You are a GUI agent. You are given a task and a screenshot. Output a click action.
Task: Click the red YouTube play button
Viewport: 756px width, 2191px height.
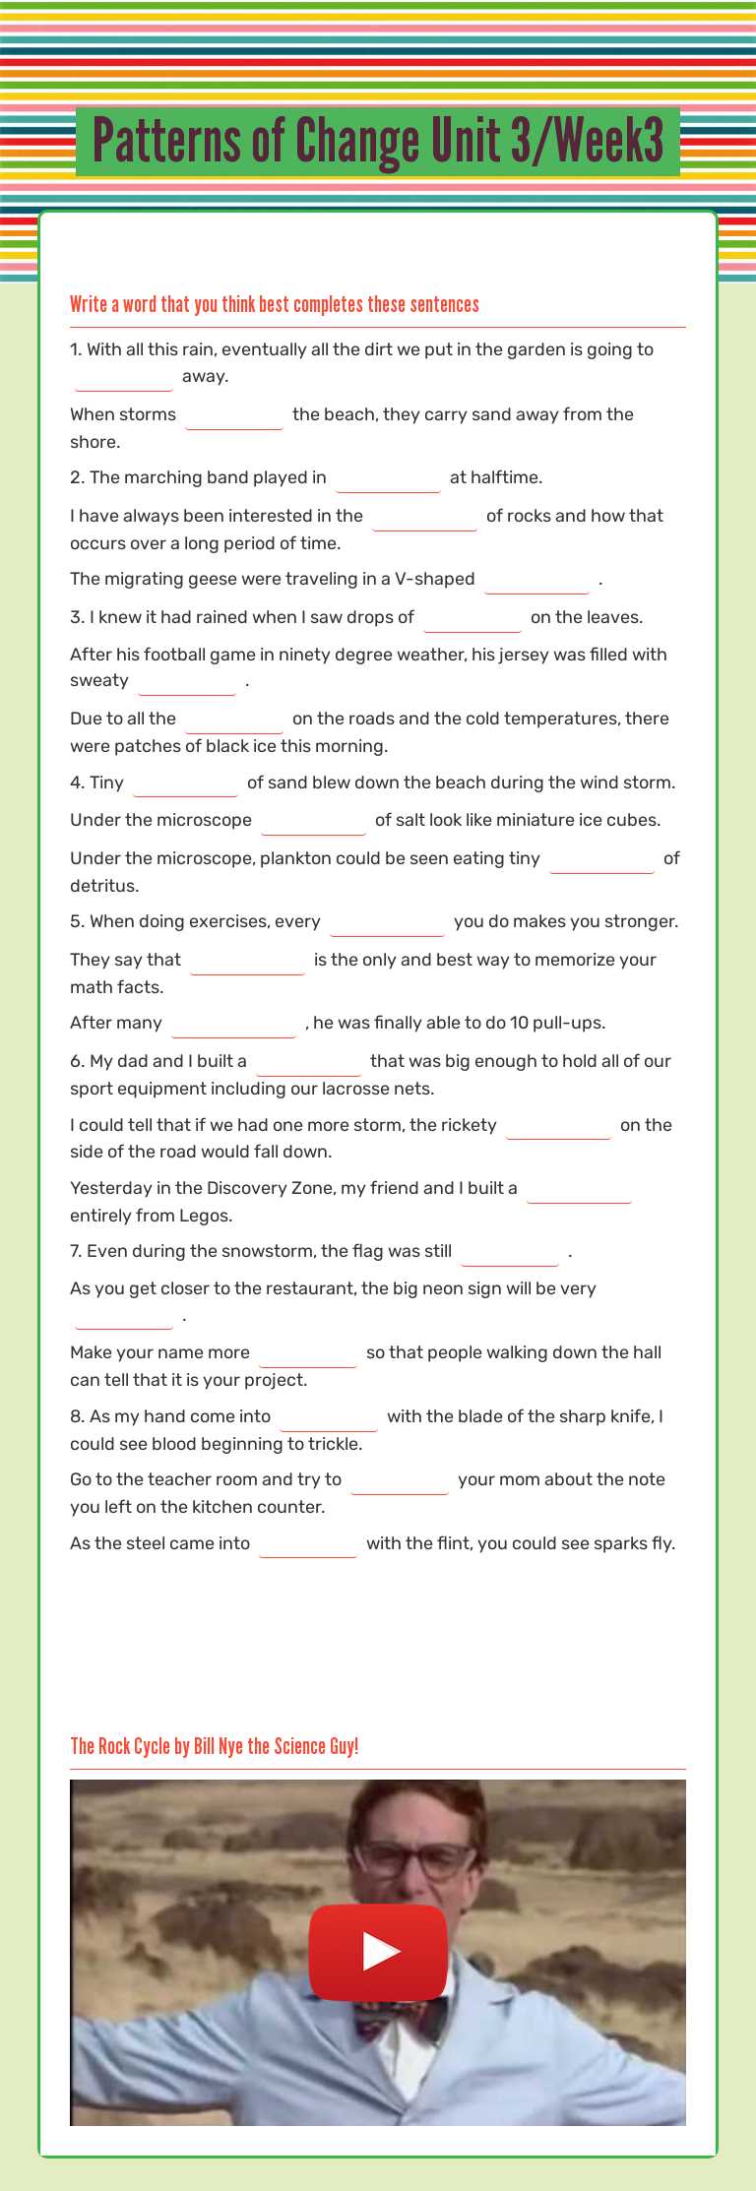point(378,1951)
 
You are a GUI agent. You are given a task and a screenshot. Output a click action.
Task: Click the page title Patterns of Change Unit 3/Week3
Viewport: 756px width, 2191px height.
point(378,142)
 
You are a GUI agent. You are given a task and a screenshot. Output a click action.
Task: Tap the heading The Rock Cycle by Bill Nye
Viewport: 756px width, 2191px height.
point(214,1746)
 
